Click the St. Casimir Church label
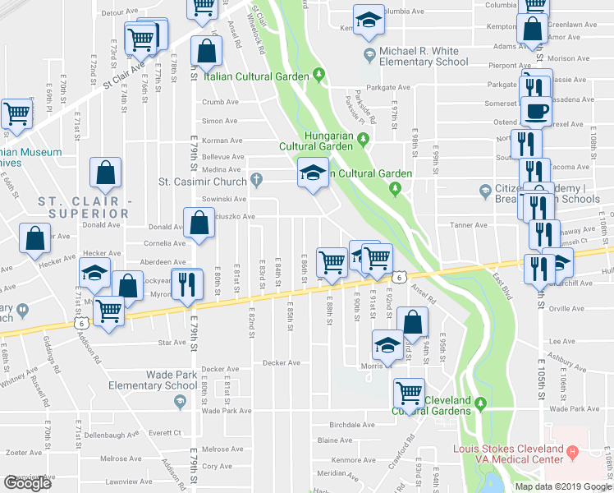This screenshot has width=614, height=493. tap(203, 180)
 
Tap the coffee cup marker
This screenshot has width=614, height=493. tap(536, 110)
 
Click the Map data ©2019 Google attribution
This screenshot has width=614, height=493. tap(563, 486)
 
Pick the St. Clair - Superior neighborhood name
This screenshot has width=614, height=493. tap(85, 208)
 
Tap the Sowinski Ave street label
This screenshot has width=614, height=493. tap(223, 199)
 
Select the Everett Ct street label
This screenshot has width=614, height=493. tap(164, 432)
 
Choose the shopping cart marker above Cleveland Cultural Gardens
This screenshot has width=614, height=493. tap(408, 392)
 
